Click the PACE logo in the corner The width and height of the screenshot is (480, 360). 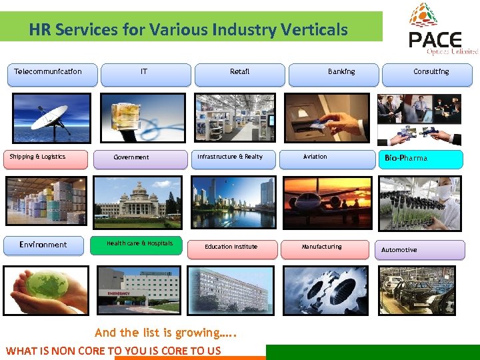443,30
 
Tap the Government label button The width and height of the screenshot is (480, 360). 140,159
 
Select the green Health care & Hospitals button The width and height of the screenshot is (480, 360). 140,245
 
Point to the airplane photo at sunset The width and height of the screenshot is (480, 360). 327,203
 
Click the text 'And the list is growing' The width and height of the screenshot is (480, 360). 166,333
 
